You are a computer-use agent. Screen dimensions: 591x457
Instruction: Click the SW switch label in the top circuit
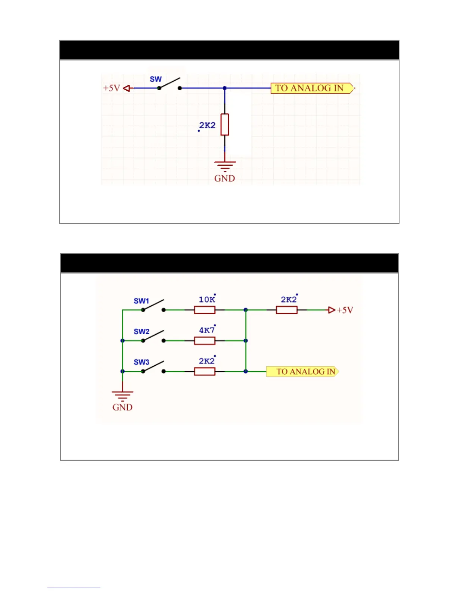[x=156, y=79]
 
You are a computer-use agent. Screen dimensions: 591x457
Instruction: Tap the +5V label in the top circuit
[x=111, y=88]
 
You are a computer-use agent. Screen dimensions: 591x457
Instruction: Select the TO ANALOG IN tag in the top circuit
[x=311, y=88]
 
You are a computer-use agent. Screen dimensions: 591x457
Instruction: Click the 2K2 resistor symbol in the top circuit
[x=224, y=125]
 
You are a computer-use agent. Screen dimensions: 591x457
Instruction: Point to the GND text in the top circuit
[x=224, y=178]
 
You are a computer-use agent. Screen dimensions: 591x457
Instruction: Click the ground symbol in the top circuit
[x=224, y=166]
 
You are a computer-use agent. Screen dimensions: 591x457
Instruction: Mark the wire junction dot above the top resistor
[x=225, y=88]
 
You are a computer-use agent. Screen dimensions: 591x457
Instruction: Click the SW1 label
[x=142, y=301]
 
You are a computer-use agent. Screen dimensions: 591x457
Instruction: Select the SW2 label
[x=142, y=331]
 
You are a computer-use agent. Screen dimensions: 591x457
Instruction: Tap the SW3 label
[x=142, y=362]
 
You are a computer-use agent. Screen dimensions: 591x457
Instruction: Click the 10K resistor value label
[x=206, y=299]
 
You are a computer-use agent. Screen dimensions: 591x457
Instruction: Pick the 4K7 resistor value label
[x=206, y=330]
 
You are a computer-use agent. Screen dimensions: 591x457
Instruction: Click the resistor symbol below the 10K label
[x=205, y=310]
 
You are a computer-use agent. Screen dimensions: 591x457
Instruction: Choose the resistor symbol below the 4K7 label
[x=205, y=341]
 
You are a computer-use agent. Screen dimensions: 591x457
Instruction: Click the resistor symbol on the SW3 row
[x=205, y=372]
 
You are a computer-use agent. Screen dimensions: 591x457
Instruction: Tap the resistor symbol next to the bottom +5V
[x=287, y=310]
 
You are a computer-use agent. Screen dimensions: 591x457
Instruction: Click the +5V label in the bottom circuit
[x=345, y=310]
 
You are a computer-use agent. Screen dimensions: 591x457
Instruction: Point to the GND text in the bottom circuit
[x=122, y=407]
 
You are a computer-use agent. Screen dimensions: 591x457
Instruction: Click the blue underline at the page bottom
[x=74, y=588]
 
